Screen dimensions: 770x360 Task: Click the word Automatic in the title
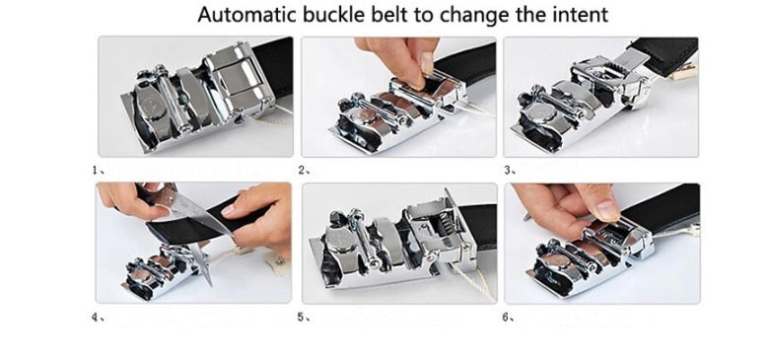[247, 15]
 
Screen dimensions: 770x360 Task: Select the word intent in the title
[581, 15]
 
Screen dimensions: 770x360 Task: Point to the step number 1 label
[96, 170]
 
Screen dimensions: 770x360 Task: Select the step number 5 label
[302, 318]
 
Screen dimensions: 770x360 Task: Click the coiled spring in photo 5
[446, 224]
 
